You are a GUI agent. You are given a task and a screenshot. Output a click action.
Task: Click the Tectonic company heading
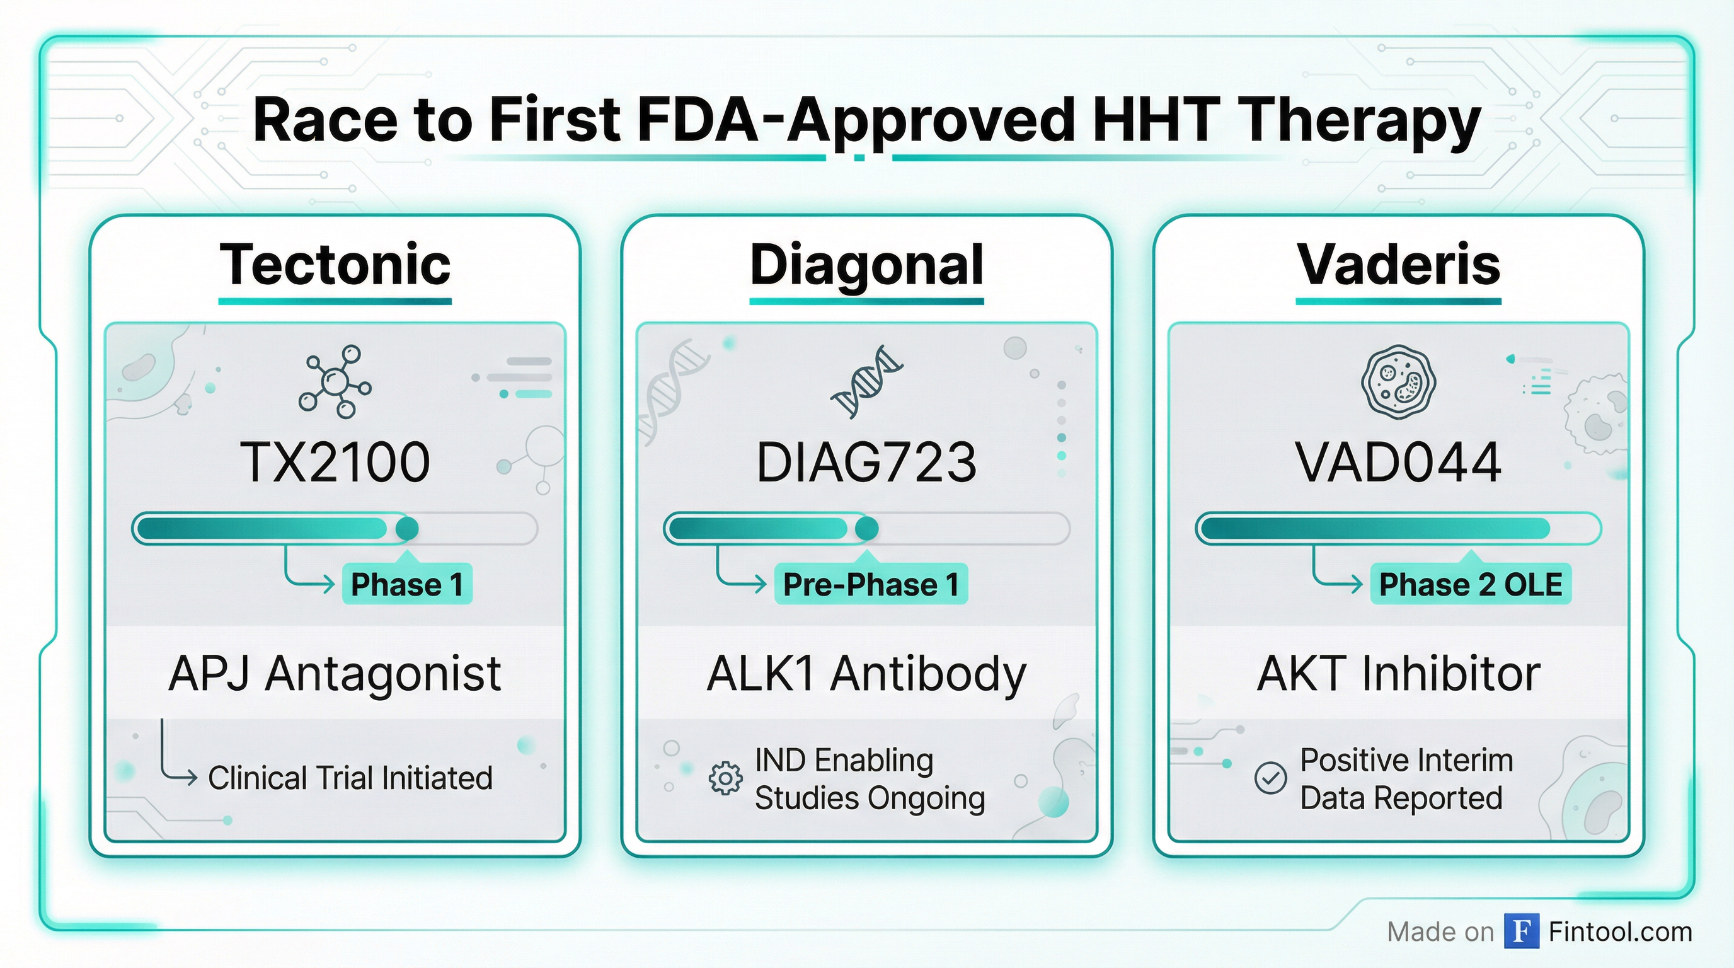[335, 264]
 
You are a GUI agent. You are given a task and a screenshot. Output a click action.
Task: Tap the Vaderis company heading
[1399, 264]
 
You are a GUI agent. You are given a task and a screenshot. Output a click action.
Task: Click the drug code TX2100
[335, 463]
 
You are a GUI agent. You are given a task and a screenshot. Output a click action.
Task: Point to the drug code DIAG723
[866, 463]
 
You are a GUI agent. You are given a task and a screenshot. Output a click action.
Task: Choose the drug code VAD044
[1399, 463]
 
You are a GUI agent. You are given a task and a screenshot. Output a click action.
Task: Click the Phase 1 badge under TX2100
[407, 584]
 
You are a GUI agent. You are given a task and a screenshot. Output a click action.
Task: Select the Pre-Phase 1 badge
[871, 584]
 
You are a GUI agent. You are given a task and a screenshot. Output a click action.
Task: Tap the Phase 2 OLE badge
[1471, 584]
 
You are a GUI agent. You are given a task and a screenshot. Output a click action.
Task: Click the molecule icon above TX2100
[335, 382]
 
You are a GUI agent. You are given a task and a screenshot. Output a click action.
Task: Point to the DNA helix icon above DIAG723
[867, 382]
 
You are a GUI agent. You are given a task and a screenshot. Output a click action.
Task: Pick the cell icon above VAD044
[1399, 383]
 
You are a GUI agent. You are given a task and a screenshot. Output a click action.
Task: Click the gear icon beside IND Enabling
[726, 779]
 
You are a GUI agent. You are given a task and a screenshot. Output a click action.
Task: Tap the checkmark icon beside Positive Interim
[1271, 779]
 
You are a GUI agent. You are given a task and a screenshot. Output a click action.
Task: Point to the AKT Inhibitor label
[1399, 673]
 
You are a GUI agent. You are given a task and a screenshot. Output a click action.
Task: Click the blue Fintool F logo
[1522, 931]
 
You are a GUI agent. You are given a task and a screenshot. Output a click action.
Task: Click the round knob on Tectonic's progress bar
[406, 528]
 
